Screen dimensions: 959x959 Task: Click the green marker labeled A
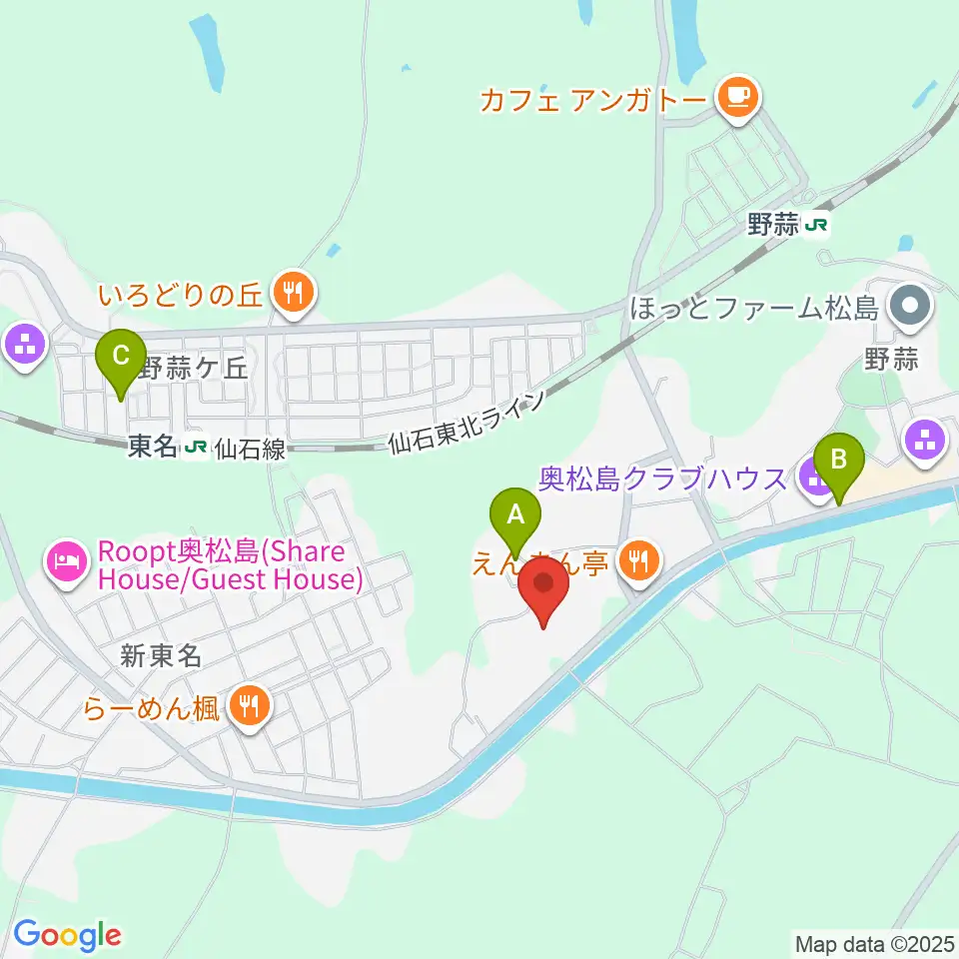pos(515,515)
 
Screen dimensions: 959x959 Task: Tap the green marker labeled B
pos(839,461)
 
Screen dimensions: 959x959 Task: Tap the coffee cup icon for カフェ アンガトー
pos(738,97)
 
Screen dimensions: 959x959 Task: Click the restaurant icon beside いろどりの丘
pos(294,294)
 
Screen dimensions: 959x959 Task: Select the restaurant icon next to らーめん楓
pos(246,707)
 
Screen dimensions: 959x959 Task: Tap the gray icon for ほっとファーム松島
pos(909,307)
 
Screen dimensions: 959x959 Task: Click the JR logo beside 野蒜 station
pos(817,226)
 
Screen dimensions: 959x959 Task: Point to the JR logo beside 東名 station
pos(196,448)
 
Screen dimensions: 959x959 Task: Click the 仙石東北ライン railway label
pos(468,422)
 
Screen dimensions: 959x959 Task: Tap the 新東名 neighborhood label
pos(162,656)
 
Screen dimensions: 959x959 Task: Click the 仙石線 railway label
pos(249,450)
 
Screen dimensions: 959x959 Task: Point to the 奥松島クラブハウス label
pos(662,479)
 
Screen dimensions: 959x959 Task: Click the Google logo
pos(67,936)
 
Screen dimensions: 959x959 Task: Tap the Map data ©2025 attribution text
pos(874,942)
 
